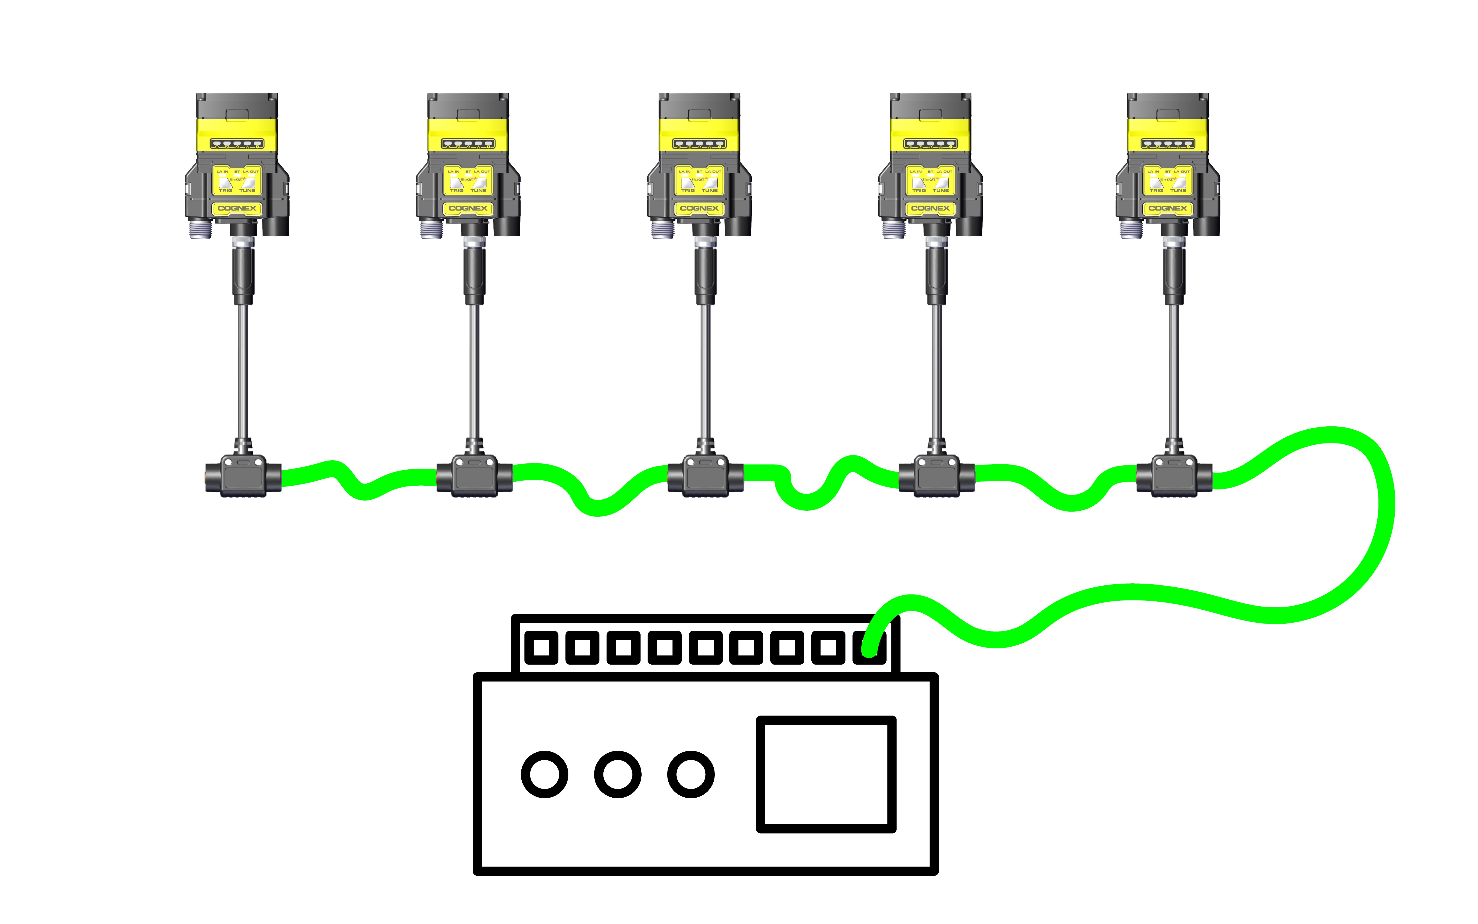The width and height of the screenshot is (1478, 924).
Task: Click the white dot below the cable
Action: [690, 774]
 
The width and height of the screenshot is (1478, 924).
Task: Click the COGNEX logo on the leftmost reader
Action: [237, 208]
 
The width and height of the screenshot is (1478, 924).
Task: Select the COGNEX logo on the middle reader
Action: [699, 208]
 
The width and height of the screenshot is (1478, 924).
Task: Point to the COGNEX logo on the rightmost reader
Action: [1167, 208]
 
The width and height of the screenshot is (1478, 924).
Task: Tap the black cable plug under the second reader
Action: [474, 275]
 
